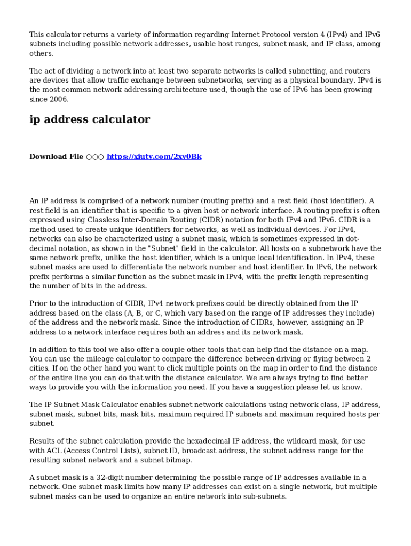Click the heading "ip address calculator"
(90, 119)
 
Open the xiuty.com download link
(154, 157)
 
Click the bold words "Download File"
(56, 157)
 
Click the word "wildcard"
(296, 441)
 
